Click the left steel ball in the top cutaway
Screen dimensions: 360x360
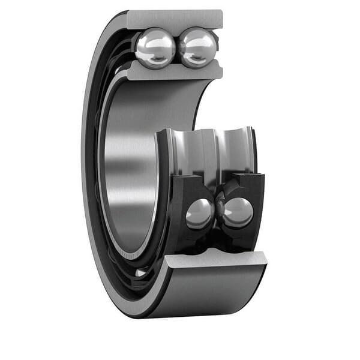point(155,48)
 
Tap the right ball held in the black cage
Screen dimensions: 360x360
point(238,212)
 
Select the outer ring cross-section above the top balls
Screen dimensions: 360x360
point(174,19)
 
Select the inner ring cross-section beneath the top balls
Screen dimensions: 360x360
point(174,71)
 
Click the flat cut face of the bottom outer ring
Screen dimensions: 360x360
point(216,259)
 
